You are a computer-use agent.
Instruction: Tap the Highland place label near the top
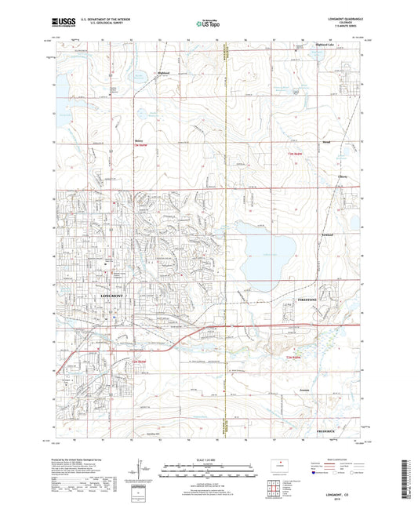[x=141, y=71]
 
